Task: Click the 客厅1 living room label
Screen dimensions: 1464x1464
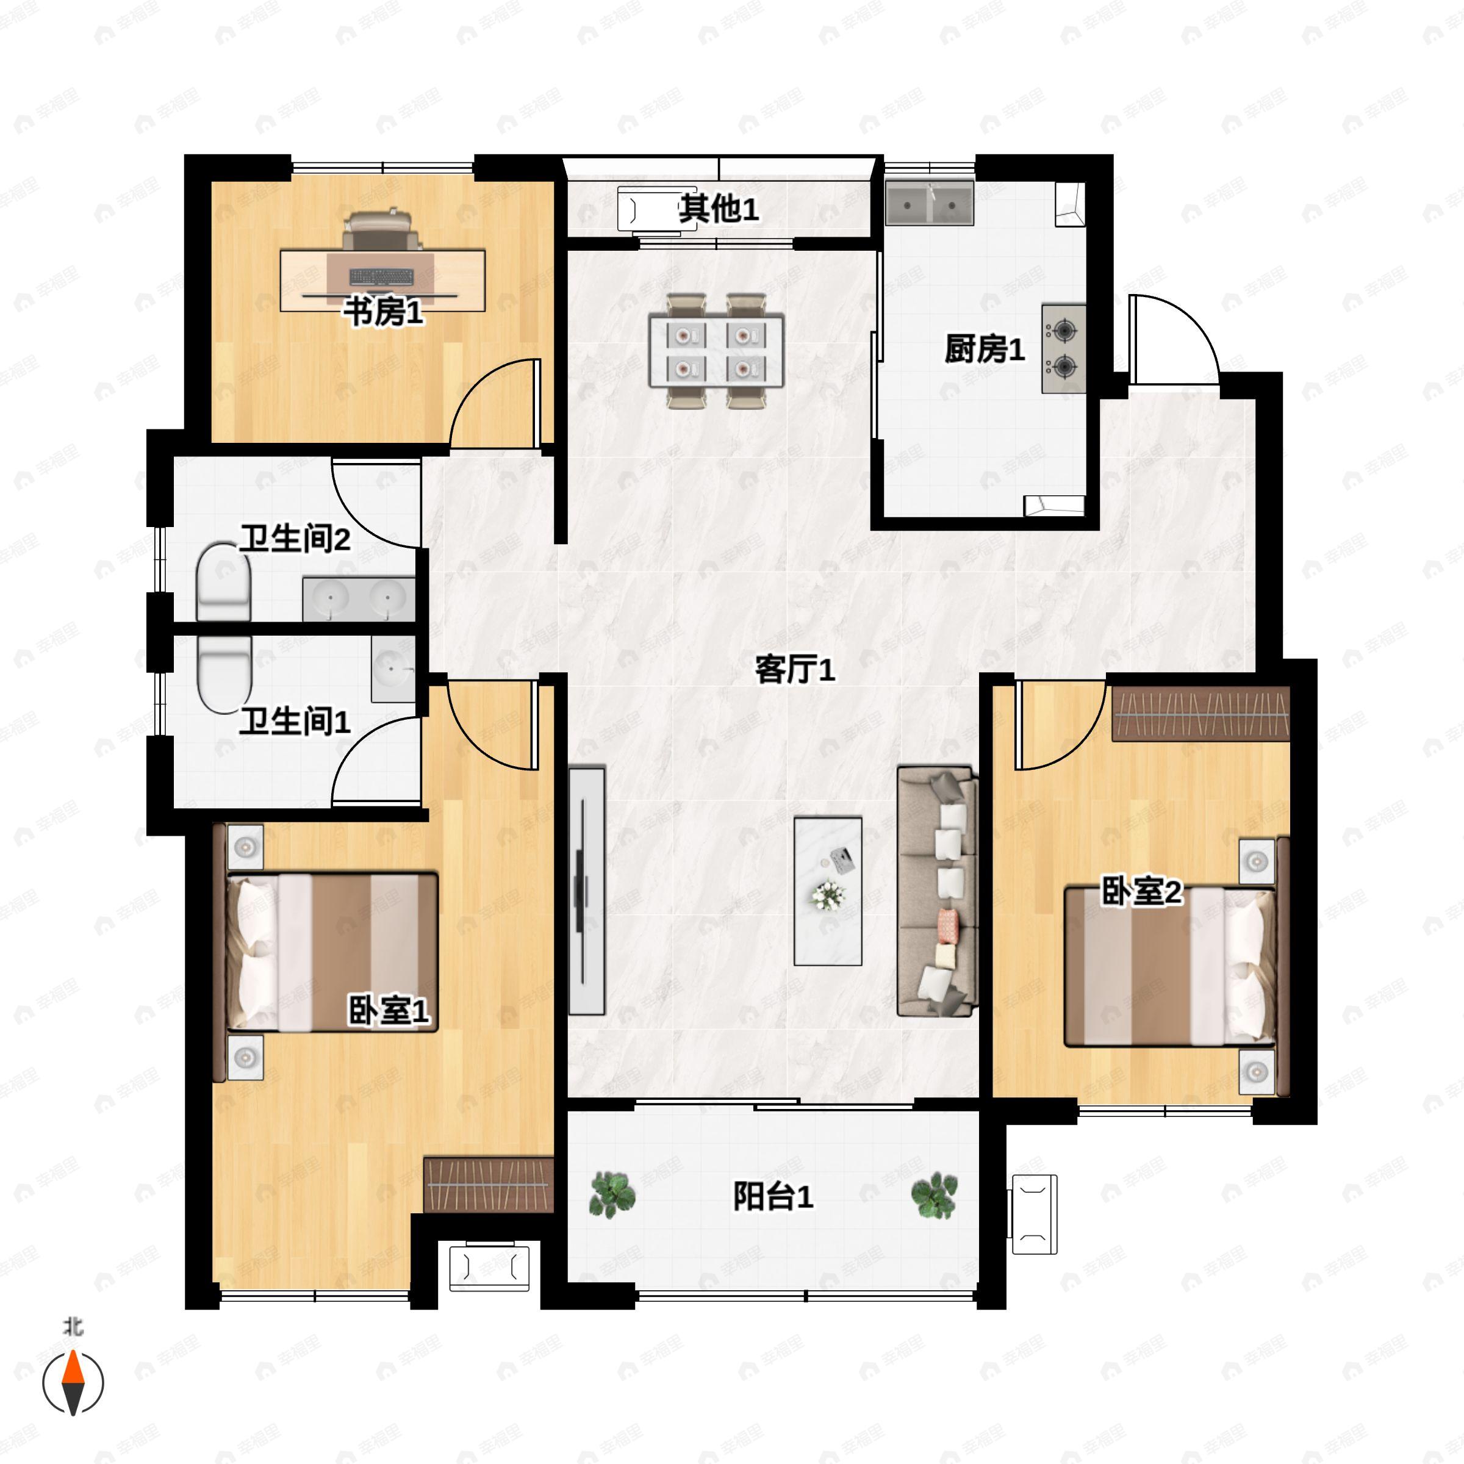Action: pyautogui.click(x=795, y=670)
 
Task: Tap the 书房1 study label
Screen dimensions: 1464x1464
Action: pyautogui.click(x=384, y=312)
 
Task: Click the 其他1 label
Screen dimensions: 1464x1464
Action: pyautogui.click(x=719, y=209)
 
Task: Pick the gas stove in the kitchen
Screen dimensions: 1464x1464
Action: pyautogui.click(x=1063, y=348)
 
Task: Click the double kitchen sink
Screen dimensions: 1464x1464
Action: pyautogui.click(x=930, y=203)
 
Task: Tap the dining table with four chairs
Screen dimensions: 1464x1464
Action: pyautogui.click(x=716, y=351)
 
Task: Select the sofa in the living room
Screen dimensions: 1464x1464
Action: pyautogui.click(x=936, y=891)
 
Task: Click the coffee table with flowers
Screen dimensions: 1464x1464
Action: pyautogui.click(x=828, y=891)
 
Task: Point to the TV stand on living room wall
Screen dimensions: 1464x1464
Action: pyautogui.click(x=586, y=891)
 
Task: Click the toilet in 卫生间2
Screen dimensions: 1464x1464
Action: pyautogui.click(x=223, y=582)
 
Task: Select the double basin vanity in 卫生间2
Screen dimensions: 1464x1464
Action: pyautogui.click(x=359, y=598)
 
